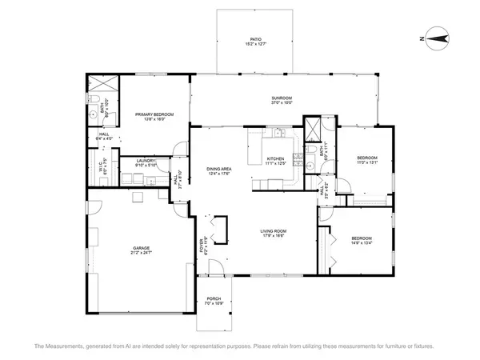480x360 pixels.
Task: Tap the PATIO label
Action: (x=255, y=38)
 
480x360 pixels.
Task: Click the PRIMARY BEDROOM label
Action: (x=150, y=114)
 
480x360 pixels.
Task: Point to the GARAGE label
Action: (x=142, y=248)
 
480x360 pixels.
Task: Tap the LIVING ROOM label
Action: (x=274, y=231)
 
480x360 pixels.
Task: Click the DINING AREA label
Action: (x=219, y=169)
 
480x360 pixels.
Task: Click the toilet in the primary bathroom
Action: (x=94, y=99)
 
